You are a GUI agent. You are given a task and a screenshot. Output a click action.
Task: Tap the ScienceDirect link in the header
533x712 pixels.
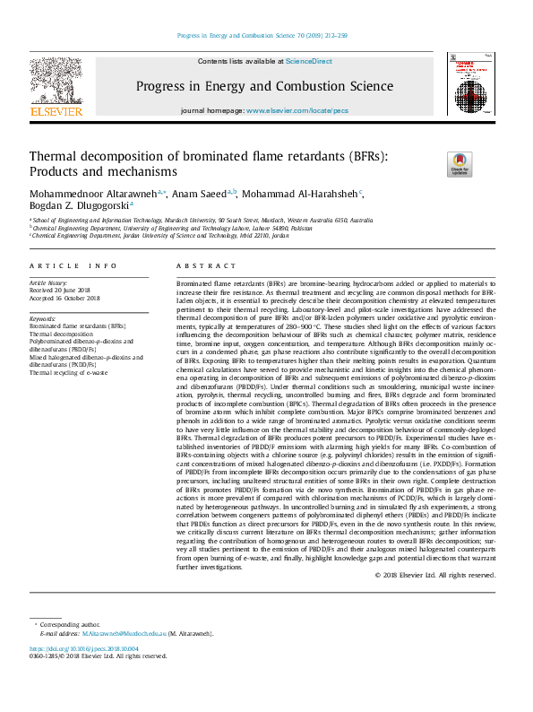(x=308, y=61)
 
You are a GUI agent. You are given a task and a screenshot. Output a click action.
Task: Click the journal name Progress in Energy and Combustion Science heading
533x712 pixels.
(x=265, y=86)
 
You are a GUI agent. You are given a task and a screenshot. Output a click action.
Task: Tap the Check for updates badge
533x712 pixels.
(x=460, y=165)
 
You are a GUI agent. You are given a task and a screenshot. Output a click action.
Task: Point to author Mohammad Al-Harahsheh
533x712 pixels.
(x=302, y=192)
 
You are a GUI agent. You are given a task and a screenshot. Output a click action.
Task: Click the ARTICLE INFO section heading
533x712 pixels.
(x=73, y=266)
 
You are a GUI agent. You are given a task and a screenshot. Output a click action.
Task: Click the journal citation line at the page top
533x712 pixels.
(x=265, y=36)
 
